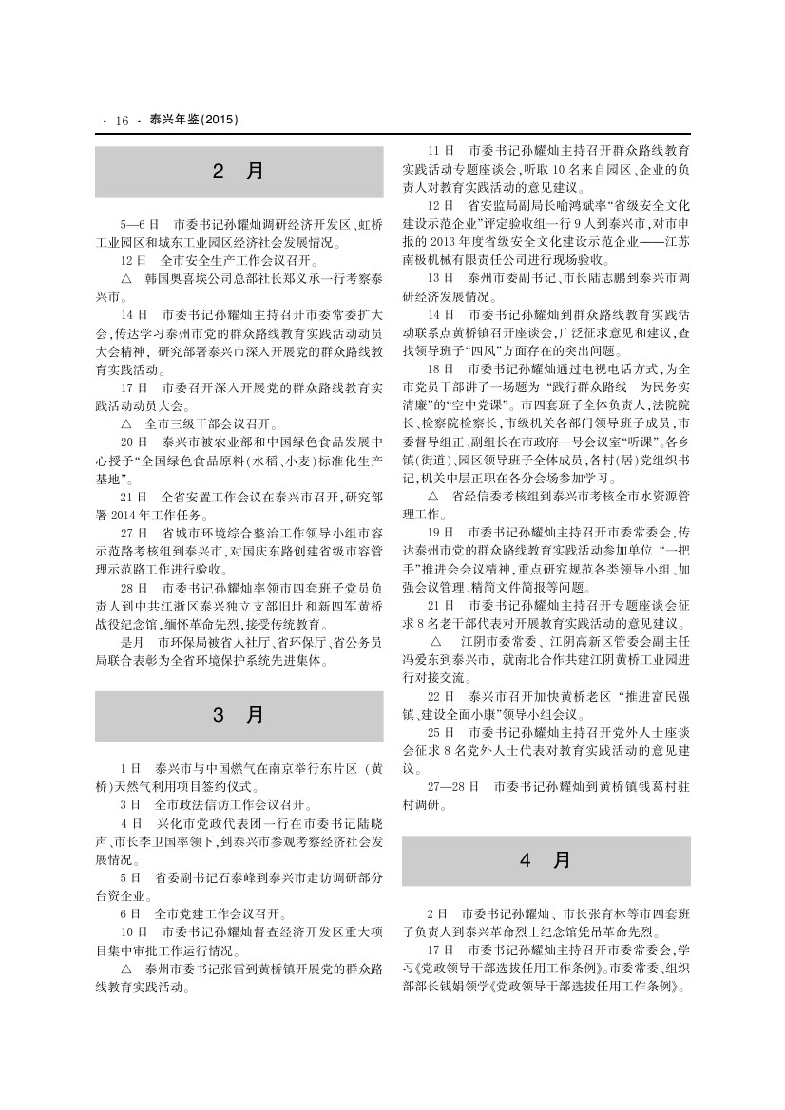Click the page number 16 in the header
click(x=122, y=121)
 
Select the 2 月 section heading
click(x=239, y=172)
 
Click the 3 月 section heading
click(x=239, y=715)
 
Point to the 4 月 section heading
click(x=546, y=860)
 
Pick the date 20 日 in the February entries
click(x=133, y=442)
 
